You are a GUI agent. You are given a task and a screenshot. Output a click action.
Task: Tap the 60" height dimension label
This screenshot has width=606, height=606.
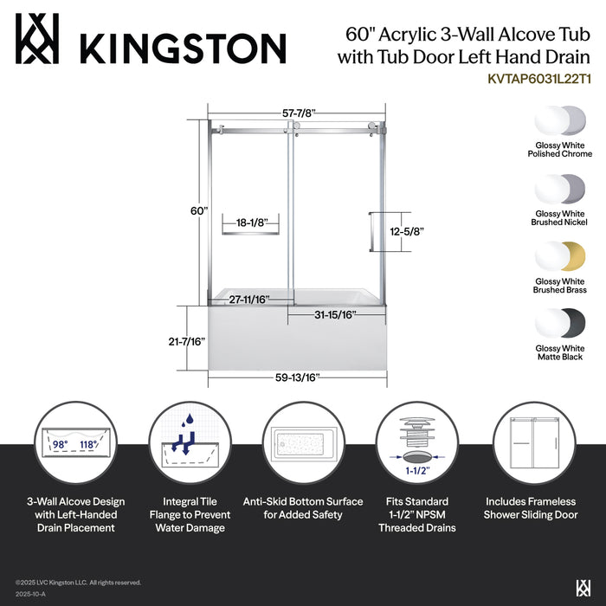200,210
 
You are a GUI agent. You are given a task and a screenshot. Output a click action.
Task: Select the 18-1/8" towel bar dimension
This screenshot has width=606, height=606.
251,222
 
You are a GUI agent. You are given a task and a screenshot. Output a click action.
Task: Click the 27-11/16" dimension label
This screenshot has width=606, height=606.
248,299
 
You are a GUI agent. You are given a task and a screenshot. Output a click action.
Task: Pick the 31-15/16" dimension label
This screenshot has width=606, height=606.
334,314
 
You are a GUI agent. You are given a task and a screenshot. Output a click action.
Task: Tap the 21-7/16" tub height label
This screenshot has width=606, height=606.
187,342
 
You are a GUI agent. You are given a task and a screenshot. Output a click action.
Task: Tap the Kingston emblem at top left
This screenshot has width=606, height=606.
38,39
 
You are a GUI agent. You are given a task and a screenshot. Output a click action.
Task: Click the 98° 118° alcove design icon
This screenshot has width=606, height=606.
75,444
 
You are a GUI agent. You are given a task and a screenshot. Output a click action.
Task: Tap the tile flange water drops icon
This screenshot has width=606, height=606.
189,444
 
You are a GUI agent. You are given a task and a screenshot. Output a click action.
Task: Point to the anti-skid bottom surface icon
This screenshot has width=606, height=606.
303,444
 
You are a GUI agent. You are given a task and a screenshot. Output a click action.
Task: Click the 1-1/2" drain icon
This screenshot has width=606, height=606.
416,444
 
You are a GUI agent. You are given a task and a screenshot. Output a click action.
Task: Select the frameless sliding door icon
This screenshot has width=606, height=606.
531,444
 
